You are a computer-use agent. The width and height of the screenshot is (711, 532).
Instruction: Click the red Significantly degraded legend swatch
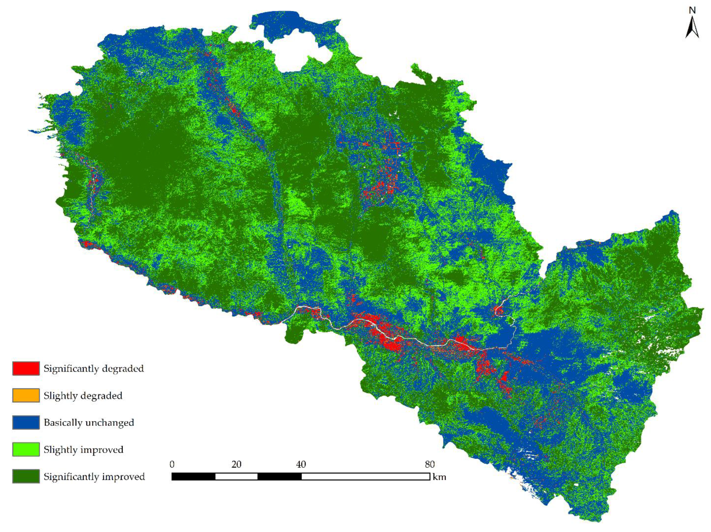(x=26, y=368)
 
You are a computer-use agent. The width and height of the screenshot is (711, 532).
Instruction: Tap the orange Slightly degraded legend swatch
(x=26, y=395)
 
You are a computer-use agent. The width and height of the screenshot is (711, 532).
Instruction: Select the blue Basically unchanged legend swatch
(x=26, y=422)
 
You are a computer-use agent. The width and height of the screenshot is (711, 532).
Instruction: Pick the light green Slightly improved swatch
(x=26, y=449)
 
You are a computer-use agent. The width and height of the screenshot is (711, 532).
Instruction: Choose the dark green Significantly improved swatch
(x=26, y=476)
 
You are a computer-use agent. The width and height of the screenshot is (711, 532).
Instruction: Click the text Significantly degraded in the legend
(x=94, y=368)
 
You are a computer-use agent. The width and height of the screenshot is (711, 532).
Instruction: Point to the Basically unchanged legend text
(x=89, y=422)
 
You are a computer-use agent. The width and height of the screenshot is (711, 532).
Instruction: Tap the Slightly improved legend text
(x=83, y=449)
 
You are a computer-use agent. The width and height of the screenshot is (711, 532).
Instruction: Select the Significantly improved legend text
(x=94, y=476)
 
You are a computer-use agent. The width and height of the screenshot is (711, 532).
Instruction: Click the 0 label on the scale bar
(x=172, y=464)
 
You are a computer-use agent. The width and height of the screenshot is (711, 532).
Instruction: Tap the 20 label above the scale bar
(x=236, y=464)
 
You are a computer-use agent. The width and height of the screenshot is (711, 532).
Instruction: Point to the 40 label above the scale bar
(x=301, y=464)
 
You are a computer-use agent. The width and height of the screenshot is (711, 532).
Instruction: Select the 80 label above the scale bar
(x=429, y=464)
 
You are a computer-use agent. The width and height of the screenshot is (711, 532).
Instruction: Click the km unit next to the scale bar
(x=439, y=477)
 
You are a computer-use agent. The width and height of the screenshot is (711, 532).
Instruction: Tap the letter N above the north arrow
(x=692, y=11)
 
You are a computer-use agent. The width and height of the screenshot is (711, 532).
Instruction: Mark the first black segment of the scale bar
(x=193, y=476)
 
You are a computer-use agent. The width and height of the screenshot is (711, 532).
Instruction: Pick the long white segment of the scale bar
(x=365, y=476)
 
